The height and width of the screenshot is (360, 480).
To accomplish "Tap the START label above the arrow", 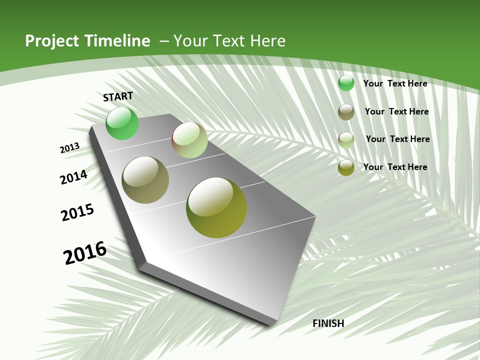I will [118, 96].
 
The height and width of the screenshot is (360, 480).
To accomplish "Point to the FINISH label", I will [328, 323].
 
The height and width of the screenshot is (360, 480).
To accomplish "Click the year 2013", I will [69, 148].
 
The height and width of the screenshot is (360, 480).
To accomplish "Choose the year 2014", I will [73, 177].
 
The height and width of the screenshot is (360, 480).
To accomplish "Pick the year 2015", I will [77, 212].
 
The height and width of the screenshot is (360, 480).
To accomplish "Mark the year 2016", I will [85, 253].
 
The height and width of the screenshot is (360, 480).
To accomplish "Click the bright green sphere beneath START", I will [122, 123].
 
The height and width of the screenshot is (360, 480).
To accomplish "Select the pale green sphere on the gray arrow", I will [189, 140].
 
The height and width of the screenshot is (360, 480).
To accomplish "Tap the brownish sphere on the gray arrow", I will [145, 180].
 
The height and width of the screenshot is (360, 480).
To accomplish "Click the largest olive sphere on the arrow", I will [216, 207].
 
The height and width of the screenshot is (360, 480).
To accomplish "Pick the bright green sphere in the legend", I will [346, 83].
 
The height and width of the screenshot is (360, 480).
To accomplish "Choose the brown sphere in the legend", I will [346, 112].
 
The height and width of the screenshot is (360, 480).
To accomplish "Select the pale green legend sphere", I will [346, 140].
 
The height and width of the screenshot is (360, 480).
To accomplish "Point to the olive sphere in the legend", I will [346, 167].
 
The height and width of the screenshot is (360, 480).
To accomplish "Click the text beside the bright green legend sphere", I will [395, 83].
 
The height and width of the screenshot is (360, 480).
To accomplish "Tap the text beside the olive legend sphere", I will [395, 167].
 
